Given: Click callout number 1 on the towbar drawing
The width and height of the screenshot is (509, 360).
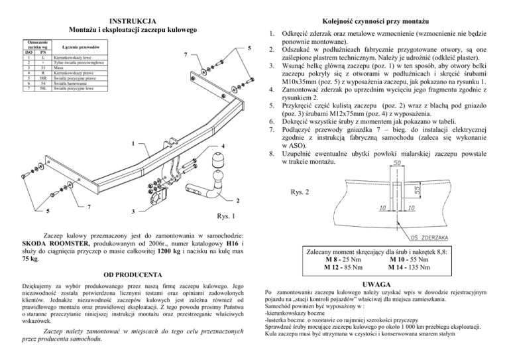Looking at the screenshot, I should (133, 145).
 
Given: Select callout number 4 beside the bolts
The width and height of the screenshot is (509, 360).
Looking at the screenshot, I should (223, 147).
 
